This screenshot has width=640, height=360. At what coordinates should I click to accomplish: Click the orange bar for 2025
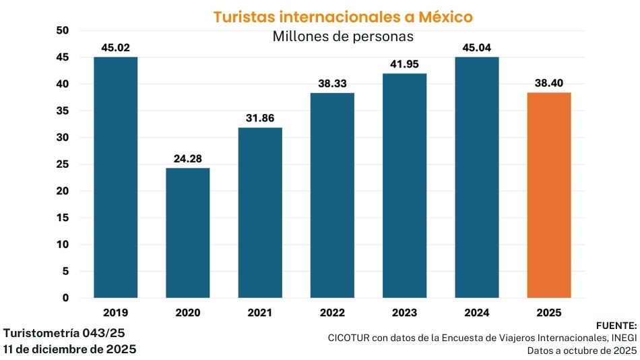[x=549, y=196]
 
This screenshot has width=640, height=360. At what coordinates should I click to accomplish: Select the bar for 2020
[x=187, y=233]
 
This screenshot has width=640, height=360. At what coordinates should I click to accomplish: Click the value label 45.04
[x=476, y=48]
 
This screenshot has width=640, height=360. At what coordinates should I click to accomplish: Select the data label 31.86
[x=259, y=119]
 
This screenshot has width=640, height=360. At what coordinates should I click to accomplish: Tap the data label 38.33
[x=332, y=84]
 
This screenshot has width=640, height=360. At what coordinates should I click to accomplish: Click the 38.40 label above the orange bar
[x=549, y=84]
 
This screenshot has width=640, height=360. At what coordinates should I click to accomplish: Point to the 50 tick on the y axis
[x=63, y=30]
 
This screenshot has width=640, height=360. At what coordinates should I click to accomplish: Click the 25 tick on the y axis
[x=63, y=164]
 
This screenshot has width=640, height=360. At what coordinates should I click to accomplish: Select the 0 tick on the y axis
[x=65, y=298]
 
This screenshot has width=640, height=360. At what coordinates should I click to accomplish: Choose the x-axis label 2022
[x=332, y=313]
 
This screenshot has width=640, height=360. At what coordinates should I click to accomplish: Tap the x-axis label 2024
[x=476, y=313]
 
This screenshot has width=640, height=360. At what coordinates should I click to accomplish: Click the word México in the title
[x=443, y=17]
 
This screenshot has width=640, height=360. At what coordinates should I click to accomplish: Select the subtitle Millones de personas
[x=342, y=36]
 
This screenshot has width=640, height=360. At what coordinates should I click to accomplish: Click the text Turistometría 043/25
[x=64, y=333]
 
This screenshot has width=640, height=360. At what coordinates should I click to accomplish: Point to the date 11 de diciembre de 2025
[x=69, y=349]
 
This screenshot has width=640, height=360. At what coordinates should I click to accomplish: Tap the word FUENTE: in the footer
[x=616, y=325]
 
